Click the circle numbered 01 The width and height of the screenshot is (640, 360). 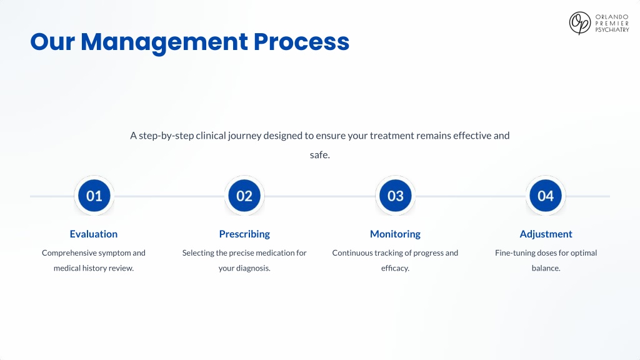(94, 196)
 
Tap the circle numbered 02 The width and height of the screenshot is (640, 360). (244, 196)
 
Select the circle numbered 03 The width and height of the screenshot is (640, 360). (395, 196)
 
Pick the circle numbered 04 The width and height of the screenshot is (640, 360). (546, 196)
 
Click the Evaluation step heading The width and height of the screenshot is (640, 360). (94, 234)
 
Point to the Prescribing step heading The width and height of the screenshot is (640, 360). (244, 234)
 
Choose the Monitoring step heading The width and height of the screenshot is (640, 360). (395, 234)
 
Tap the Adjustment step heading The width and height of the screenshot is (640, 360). (546, 234)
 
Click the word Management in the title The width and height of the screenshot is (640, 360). (164, 42)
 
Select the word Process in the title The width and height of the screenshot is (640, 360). (301, 42)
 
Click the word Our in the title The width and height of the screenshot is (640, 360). (52, 42)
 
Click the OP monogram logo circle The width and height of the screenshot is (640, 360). (579, 23)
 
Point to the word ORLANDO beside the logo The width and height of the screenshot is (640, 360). (611, 17)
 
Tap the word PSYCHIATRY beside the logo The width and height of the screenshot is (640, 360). (612, 30)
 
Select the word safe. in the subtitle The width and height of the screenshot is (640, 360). (319, 155)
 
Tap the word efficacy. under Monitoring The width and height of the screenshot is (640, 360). (395, 268)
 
